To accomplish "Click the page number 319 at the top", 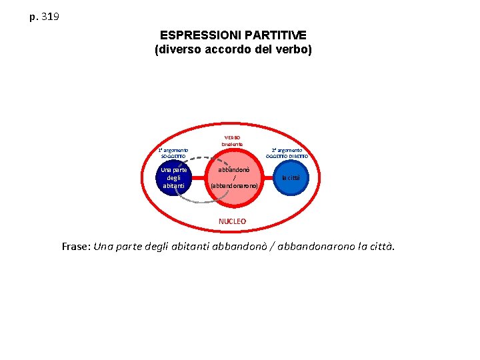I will click(x=50, y=16).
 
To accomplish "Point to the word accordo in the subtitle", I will click(x=229, y=49).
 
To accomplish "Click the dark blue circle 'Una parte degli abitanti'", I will click(x=173, y=178).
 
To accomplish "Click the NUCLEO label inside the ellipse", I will click(x=232, y=221).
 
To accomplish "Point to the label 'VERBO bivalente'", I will click(x=233, y=141).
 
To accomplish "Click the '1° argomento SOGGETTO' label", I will click(x=173, y=153).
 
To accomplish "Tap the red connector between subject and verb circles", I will click(x=199, y=177).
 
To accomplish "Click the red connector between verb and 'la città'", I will click(x=266, y=178).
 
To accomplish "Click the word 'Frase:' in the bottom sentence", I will click(x=76, y=247).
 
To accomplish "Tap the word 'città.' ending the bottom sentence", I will click(x=381, y=247).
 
